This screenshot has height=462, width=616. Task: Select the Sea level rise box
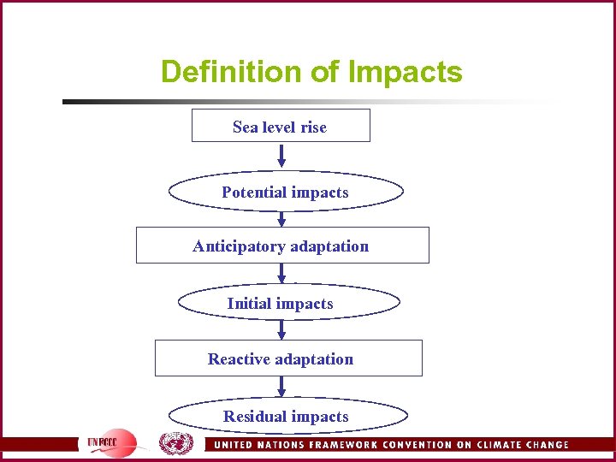(281, 127)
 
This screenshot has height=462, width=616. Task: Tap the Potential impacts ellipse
(286, 192)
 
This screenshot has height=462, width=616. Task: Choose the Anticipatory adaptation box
(282, 246)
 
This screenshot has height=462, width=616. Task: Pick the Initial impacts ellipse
(288, 303)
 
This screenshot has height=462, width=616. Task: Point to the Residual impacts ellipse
(287, 417)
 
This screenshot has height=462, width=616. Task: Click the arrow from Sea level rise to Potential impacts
(281, 157)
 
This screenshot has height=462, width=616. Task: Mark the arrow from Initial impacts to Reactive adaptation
(281, 329)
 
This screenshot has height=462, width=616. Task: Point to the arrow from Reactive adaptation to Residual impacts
(281, 387)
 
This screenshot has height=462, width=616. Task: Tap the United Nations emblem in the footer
(175, 443)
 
